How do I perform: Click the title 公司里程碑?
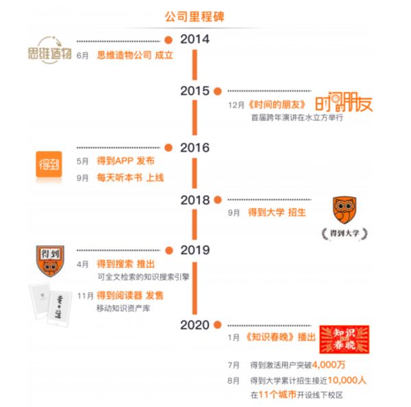(x=195, y=15)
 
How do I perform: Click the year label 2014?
(x=195, y=39)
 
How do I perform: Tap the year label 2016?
(x=195, y=147)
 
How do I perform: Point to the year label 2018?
(x=195, y=200)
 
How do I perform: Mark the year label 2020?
(x=195, y=325)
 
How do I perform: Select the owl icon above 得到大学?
(x=344, y=211)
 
